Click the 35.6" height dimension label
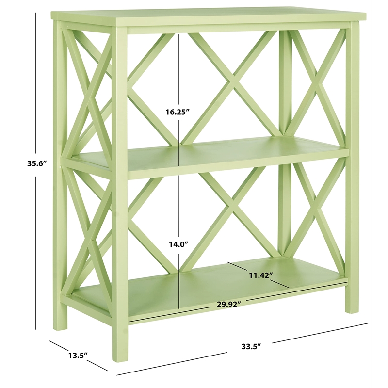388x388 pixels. pyautogui.click(x=36, y=163)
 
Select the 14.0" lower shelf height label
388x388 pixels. pyautogui.click(x=177, y=244)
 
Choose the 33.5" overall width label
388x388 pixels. pyautogui.click(x=251, y=346)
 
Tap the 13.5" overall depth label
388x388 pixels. pyautogui.click(x=77, y=355)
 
